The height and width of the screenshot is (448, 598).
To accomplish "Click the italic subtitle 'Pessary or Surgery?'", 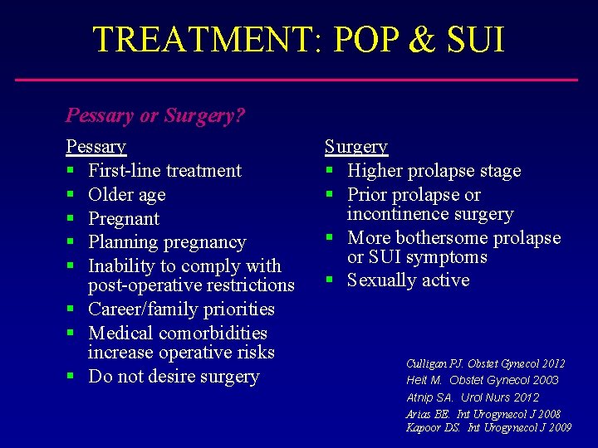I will tap(155, 115).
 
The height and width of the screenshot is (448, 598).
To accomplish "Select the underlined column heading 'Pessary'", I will tap(96, 147).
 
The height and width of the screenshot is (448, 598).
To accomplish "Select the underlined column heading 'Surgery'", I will tap(355, 147).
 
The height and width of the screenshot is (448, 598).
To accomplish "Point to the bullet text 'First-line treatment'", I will tap(164, 171).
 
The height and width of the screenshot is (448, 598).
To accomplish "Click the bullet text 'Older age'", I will tap(126, 195).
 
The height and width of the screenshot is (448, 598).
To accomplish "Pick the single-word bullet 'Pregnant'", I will tap(124, 219).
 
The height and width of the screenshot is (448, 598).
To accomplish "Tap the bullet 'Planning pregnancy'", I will tap(167, 243).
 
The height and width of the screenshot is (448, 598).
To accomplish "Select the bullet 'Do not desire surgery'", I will tap(174, 377).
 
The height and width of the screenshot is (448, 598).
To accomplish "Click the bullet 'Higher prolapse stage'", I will tap(434, 171).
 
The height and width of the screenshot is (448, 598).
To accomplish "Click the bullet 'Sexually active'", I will tap(408, 280).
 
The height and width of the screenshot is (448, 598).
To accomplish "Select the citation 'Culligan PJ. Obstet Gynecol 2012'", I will tap(485, 363).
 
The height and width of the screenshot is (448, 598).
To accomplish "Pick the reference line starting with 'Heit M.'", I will tap(482, 380).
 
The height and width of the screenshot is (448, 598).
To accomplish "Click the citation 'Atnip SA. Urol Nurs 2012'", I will tap(472, 397).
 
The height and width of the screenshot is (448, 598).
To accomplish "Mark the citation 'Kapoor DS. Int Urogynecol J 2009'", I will tap(488, 428).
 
